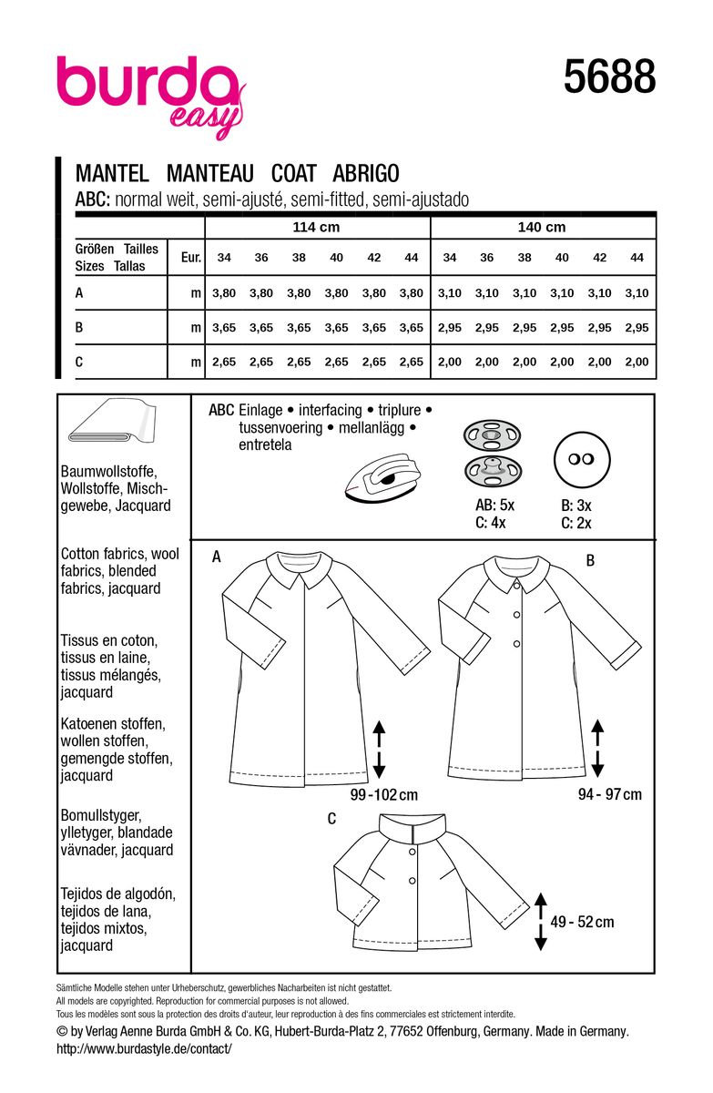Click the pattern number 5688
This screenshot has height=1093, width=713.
(x=609, y=77)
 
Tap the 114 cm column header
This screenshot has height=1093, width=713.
(x=317, y=228)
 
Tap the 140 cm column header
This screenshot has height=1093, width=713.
(x=542, y=228)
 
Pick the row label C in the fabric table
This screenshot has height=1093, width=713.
(x=80, y=362)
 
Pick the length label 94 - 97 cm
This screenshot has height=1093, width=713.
(x=609, y=794)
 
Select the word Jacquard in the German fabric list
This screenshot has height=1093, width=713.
(x=140, y=506)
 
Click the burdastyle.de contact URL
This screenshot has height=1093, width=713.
(x=144, y=1048)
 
